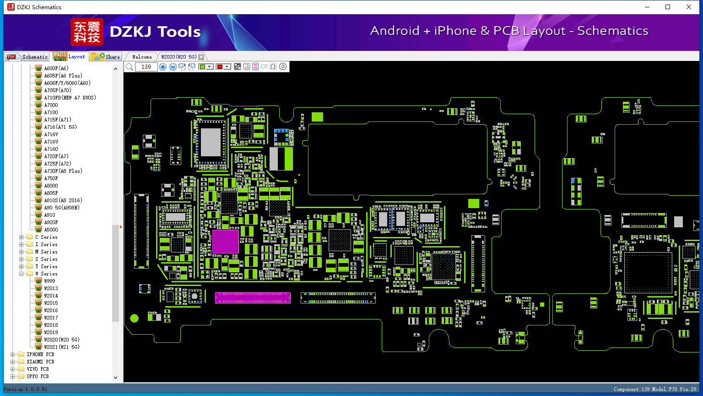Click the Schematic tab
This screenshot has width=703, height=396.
coord(27,56)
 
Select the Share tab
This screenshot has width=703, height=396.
coord(106,56)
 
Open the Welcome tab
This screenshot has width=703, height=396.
coord(142,57)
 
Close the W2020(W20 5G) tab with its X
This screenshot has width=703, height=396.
coord(201,57)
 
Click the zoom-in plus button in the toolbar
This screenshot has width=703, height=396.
coord(163,66)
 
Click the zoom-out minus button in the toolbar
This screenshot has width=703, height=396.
coord(173,66)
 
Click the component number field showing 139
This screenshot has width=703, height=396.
coord(146,66)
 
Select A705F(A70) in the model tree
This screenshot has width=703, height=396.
coord(58,90)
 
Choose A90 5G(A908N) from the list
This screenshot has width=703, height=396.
coord(62,208)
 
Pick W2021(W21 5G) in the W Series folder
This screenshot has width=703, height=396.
coord(62,347)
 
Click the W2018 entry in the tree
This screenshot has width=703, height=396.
coord(51,325)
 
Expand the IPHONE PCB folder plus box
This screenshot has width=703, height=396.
coord(12,354)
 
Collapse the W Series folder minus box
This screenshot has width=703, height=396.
coord(22,274)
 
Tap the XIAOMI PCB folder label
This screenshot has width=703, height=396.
coord(40,362)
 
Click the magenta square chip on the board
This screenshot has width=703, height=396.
coord(225,242)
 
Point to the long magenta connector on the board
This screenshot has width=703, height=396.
coord(253,297)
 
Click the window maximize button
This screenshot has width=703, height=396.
coord(668,7)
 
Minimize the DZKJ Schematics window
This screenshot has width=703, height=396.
coord(647,7)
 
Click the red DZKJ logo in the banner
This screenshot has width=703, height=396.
coord(87,32)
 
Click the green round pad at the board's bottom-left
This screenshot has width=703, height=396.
coord(134,319)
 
